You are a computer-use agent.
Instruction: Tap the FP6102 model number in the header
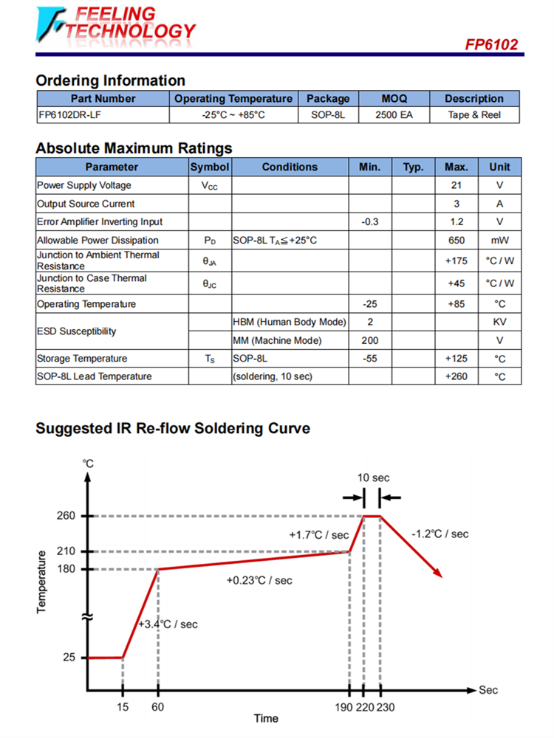(x=491, y=44)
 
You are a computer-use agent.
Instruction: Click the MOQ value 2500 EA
(x=394, y=115)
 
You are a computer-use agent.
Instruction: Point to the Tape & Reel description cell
(x=473, y=115)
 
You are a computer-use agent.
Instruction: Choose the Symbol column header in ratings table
(x=210, y=167)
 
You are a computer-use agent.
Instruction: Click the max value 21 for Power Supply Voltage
(x=456, y=185)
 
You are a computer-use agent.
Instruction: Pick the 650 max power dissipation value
(x=456, y=240)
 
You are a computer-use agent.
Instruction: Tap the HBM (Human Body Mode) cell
(x=289, y=323)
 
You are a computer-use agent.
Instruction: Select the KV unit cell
(x=499, y=323)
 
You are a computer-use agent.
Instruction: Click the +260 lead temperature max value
(x=456, y=376)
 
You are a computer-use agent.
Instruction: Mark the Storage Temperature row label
(x=82, y=359)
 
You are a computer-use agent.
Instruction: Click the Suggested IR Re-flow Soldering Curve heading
(x=173, y=428)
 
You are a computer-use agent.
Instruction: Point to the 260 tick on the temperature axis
(x=66, y=516)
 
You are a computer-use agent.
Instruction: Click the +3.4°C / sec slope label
(x=168, y=624)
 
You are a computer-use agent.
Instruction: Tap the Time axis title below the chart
(x=266, y=718)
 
